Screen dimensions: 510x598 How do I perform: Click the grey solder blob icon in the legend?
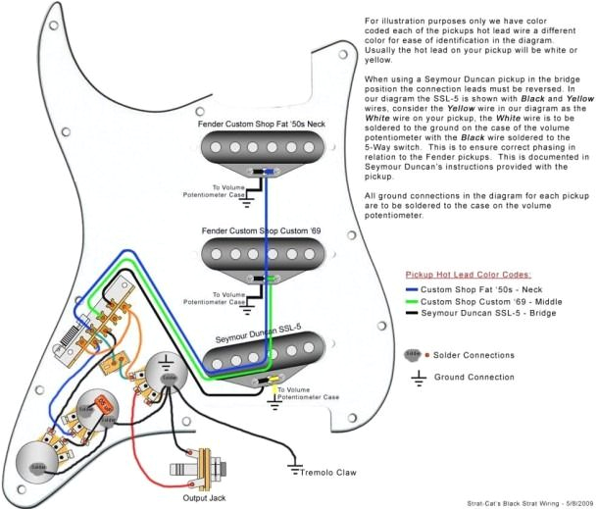coord(413,353)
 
